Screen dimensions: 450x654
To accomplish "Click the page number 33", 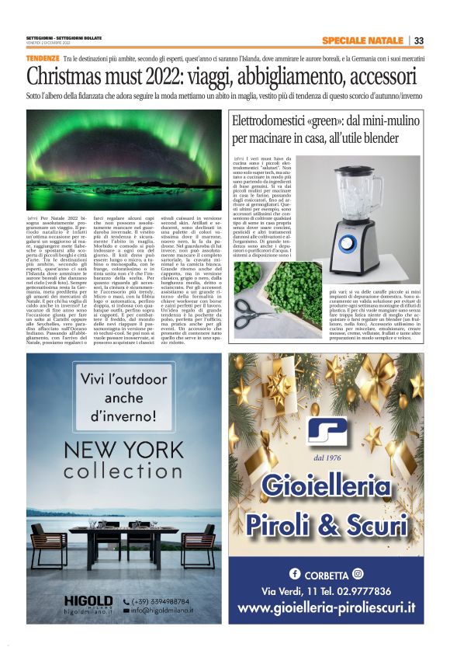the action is [418, 41].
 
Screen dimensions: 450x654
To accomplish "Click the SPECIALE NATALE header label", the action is [362, 41].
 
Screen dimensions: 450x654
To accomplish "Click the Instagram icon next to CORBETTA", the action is [358, 574].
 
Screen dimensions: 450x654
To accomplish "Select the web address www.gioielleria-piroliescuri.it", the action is [326, 609].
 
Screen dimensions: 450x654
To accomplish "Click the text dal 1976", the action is [325, 458].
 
